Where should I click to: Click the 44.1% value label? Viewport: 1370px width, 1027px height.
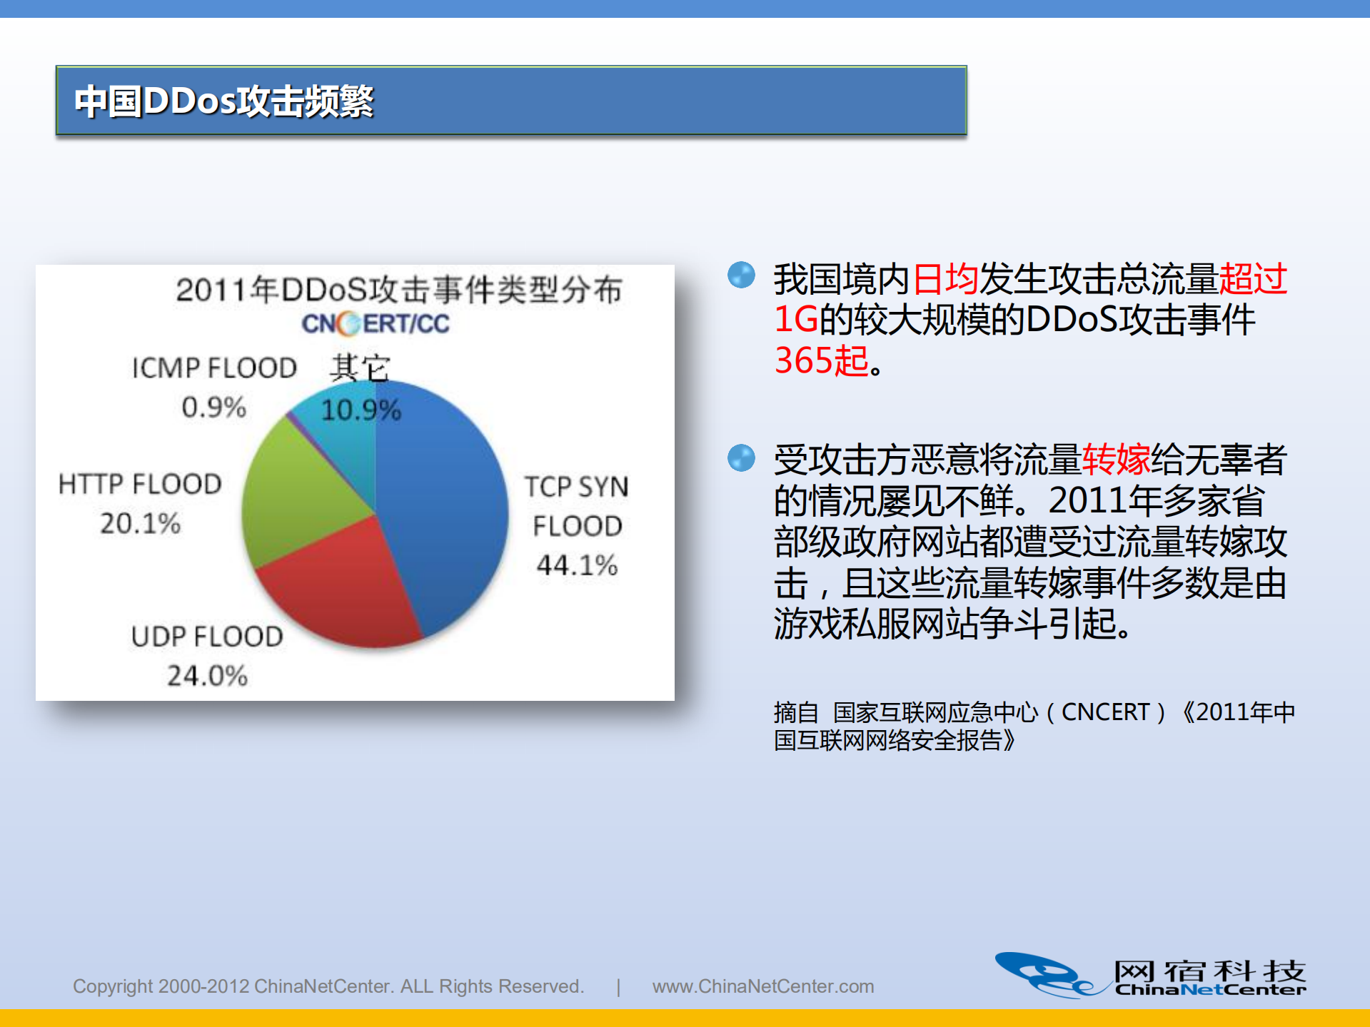coord(577,565)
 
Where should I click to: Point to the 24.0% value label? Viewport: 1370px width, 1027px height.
coord(207,676)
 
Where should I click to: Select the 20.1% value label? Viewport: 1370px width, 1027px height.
coord(140,523)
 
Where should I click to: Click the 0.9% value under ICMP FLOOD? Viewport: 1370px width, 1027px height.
coord(213,408)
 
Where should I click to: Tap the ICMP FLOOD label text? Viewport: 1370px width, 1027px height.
coord(214,368)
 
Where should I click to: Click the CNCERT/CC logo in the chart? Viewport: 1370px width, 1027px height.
coord(375,324)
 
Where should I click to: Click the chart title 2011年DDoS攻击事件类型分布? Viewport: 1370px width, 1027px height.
coord(398,290)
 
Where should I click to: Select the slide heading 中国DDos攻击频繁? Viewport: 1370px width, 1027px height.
coord(224,101)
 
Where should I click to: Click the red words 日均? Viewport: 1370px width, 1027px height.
coord(945,279)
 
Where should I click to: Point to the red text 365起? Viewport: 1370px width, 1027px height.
coord(821,361)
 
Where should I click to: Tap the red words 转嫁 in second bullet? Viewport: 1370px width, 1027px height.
coord(1116,460)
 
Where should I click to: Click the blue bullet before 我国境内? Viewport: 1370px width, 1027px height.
coord(741,275)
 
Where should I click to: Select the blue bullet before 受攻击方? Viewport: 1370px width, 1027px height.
coord(741,458)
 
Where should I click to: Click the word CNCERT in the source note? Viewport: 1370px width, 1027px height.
coord(1105,712)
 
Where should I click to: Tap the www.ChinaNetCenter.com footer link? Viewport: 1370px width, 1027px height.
coord(762,986)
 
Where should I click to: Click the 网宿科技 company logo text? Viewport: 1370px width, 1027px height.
coord(1209,971)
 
